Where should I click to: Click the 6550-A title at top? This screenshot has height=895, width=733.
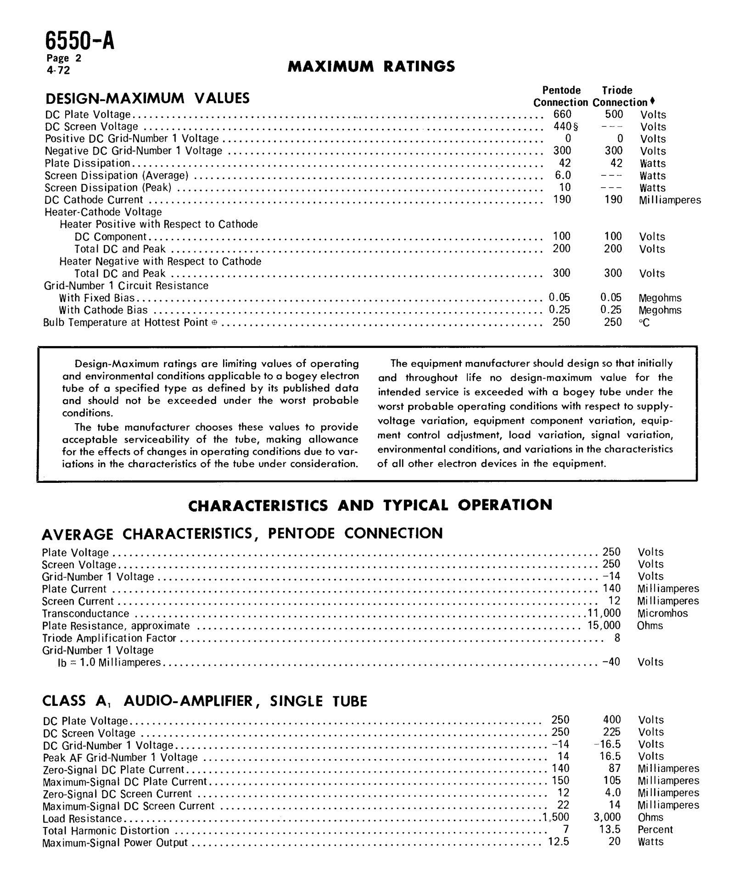tap(80, 41)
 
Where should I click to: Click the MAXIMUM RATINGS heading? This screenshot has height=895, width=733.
tap(371, 67)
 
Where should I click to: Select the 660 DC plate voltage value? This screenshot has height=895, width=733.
tap(562, 114)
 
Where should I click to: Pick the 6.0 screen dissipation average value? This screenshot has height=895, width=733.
tap(563, 175)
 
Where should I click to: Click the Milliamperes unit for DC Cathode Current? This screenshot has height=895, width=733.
tap(669, 200)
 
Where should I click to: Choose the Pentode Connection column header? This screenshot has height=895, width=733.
tap(560, 96)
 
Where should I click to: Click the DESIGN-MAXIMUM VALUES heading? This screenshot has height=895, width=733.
tap(147, 98)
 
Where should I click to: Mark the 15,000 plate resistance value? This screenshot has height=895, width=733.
tap(604, 625)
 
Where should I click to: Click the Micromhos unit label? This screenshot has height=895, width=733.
tap(662, 613)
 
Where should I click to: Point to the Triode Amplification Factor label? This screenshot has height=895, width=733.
tap(109, 638)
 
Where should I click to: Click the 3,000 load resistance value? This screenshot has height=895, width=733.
tap(607, 817)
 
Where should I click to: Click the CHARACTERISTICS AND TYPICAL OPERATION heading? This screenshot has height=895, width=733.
tap(370, 505)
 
